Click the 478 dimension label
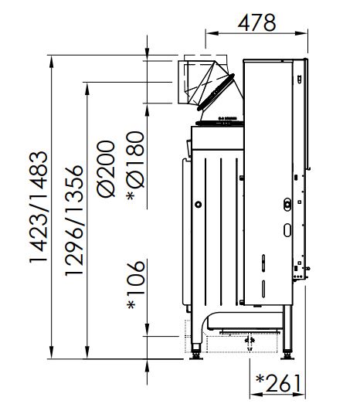click(x=256, y=22)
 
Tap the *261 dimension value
click(x=278, y=383)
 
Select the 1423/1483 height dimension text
click(x=39, y=207)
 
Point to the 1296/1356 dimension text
click(x=74, y=221)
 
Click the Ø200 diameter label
click(x=106, y=169)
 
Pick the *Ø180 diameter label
click(x=136, y=166)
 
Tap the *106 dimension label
click(x=136, y=285)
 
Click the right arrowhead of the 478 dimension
click(x=301, y=33)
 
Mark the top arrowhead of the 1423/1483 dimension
click(x=52, y=62)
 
